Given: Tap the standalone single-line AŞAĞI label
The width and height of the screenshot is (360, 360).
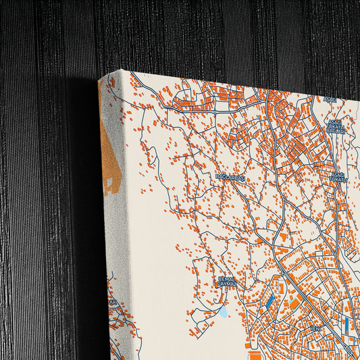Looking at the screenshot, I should point(330,100).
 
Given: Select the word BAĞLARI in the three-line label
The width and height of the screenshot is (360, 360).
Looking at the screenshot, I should point(337,130).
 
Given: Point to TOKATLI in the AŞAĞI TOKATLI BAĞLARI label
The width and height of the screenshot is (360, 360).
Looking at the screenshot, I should point(337,126).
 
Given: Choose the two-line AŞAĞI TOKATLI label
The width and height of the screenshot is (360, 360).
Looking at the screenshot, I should point(338,177).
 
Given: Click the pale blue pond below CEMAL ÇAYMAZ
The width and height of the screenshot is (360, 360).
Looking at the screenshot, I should point(223,312).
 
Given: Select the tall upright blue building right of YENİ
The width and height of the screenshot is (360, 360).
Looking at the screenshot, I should point(346,326).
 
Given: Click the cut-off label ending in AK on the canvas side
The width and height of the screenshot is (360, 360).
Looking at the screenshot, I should point(114,302).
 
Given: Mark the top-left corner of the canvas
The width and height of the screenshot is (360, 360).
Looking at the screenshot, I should point(99,78).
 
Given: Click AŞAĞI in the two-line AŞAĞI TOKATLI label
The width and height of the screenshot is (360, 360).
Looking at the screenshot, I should point(338,174).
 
